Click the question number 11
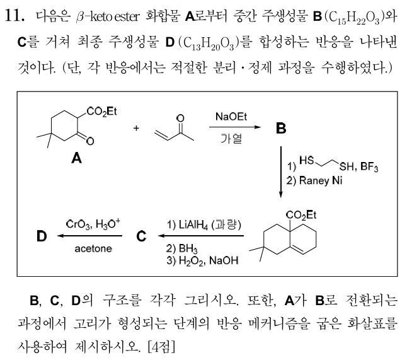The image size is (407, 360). click(14, 16)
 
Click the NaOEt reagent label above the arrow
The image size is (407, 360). click(231, 117)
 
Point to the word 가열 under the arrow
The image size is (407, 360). click(231, 138)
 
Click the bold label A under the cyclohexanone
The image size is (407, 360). click(76, 158)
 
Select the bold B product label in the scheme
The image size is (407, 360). click(281, 128)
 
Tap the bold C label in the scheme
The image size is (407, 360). click(141, 236)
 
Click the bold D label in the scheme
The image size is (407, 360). click(42, 236)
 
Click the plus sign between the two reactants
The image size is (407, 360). click(136, 128)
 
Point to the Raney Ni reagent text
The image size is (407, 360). click(321, 180)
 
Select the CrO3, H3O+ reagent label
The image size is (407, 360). click(93, 224)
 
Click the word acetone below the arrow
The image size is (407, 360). click(93, 248)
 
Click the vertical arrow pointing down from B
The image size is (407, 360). click(280, 172)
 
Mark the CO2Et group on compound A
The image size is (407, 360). click(101, 112)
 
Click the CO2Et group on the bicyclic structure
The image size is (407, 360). click(301, 215)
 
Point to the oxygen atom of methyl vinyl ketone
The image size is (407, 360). click(180, 118)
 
